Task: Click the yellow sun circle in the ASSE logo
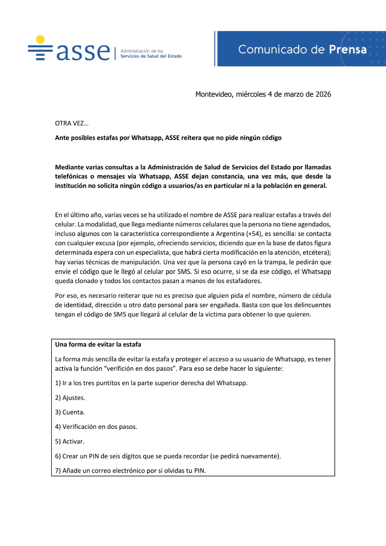(x=41, y=39)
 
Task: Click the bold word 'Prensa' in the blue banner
(x=348, y=50)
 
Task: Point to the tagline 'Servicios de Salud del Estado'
(x=151, y=56)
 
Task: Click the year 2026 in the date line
(x=323, y=94)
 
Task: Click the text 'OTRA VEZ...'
(x=72, y=123)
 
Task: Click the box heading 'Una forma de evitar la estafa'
(x=98, y=345)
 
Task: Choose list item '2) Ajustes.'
(x=70, y=398)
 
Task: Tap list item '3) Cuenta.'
(x=70, y=412)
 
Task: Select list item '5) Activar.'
(x=70, y=442)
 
